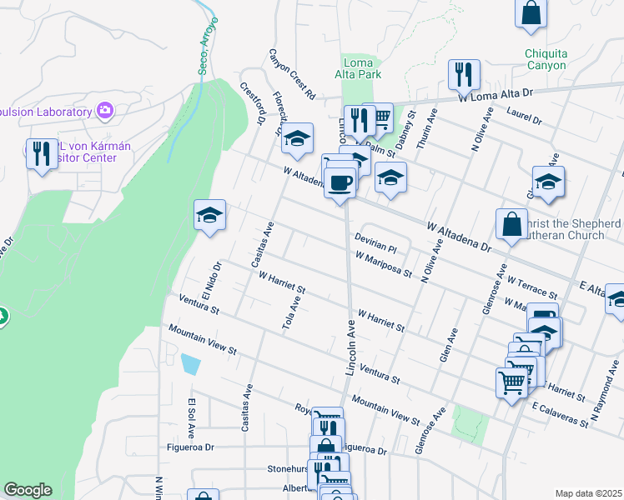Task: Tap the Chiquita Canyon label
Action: [546, 60]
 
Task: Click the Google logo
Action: [28, 490]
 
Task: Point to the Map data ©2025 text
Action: [588, 493]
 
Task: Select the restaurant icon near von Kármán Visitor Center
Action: [42, 153]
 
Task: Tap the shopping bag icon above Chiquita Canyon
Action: [531, 13]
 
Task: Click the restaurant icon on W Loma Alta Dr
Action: [462, 74]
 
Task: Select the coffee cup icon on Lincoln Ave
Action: [340, 182]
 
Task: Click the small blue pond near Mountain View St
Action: [190, 364]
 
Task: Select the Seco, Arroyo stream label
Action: [209, 47]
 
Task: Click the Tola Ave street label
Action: [292, 311]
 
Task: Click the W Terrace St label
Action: [531, 288]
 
